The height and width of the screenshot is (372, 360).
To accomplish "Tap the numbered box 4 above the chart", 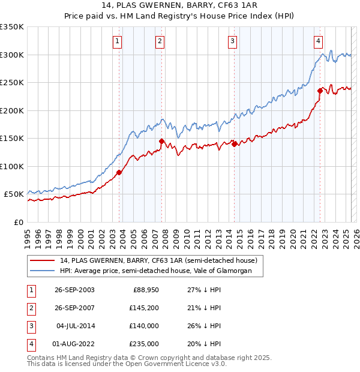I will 318,41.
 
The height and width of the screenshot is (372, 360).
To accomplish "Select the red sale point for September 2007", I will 161,141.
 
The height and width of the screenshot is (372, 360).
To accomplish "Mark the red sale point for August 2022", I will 320,91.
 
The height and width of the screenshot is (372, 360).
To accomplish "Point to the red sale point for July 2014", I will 233,144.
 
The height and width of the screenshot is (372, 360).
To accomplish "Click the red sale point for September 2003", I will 119,172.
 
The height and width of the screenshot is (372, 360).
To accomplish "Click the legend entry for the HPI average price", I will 161,271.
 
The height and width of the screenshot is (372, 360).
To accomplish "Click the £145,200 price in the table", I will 142,307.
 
